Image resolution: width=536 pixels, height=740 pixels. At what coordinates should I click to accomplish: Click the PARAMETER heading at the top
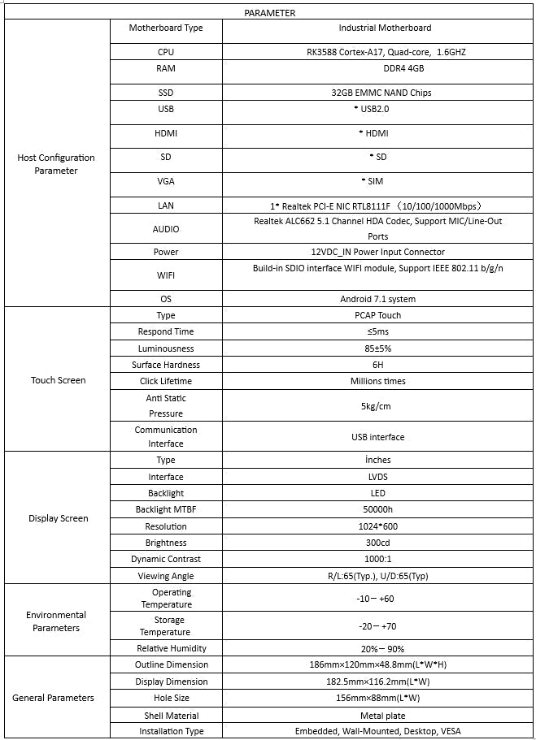point(269,13)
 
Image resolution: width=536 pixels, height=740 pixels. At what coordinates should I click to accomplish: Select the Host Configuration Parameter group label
point(56,164)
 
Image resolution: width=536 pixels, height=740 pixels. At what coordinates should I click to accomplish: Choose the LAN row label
point(166,206)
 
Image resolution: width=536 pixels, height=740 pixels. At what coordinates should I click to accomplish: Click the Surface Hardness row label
point(166,365)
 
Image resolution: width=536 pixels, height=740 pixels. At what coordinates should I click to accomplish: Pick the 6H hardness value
point(377,365)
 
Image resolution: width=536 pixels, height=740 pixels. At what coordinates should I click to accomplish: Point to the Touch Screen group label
point(58,380)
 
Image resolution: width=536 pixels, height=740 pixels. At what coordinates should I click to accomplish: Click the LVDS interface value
point(378,477)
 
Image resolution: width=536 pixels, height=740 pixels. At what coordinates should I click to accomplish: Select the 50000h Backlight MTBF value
point(378,509)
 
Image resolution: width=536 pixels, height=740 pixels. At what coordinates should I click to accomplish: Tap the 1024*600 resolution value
point(378,526)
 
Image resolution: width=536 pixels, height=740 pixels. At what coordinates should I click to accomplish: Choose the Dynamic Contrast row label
point(166,559)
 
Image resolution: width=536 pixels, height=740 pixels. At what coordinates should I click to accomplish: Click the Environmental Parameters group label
point(56,621)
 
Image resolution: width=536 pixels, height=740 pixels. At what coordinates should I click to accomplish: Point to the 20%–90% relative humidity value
point(378,649)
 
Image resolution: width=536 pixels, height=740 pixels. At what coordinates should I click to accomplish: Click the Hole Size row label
point(166,698)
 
